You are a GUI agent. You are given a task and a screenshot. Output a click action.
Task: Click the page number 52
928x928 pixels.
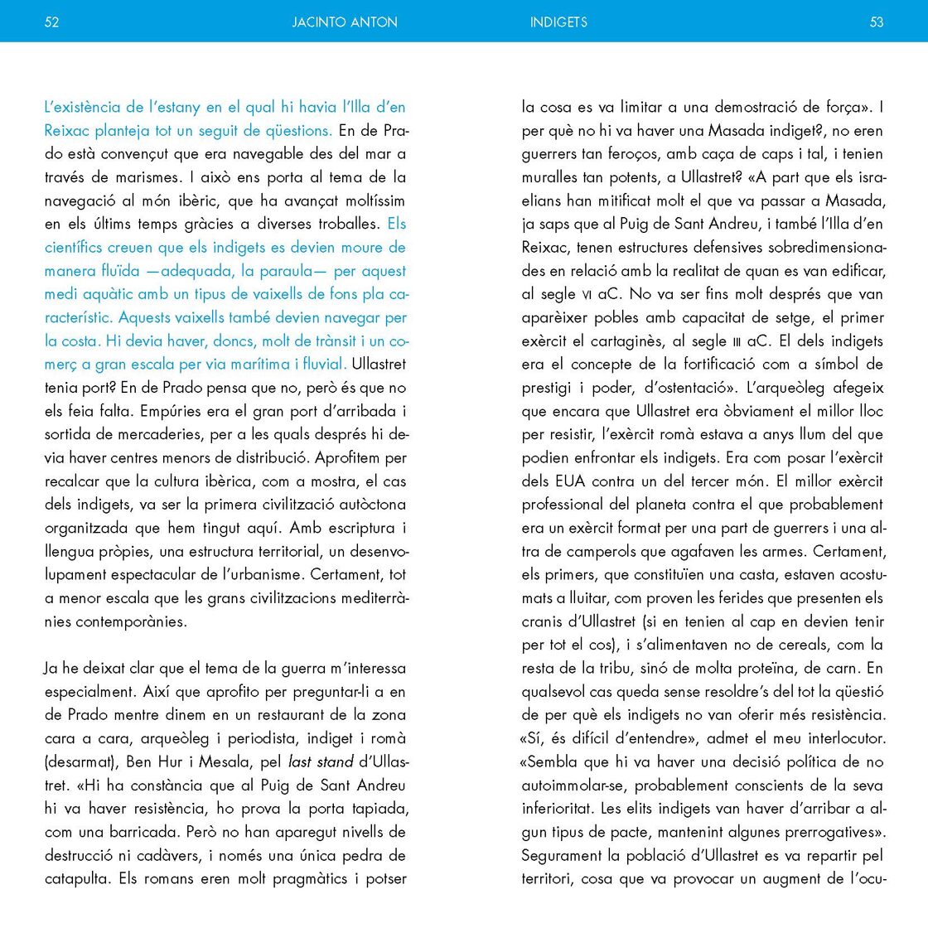pyautogui.click(x=51, y=22)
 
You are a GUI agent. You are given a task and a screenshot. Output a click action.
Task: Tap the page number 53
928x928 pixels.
pyautogui.click(x=877, y=22)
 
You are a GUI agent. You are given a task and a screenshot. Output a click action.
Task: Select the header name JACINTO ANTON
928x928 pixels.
pyautogui.click(x=345, y=22)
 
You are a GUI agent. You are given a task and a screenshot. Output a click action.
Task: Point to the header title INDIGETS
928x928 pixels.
pyautogui.click(x=558, y=22)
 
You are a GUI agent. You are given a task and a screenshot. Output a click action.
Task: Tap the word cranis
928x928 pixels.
pyautogui.click(x=542, y=621)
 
